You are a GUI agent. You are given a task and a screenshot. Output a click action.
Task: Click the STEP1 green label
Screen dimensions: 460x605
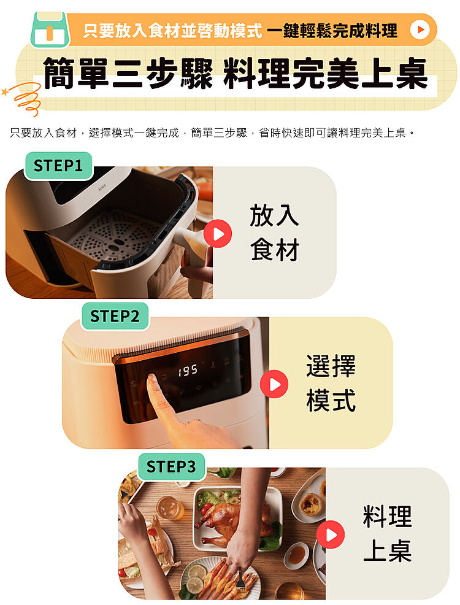pos(58,166)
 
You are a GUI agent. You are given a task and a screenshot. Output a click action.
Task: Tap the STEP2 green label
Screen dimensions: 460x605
pos(115,317)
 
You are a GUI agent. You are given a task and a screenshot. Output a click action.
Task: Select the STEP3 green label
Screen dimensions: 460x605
pos(171,467)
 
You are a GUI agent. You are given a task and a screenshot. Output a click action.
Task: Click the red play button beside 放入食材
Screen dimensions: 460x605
pos(218,233)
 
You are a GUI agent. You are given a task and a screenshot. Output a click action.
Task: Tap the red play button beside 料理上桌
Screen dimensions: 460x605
pos(331,534)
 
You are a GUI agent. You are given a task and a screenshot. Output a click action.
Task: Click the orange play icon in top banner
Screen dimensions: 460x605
pos(420,29)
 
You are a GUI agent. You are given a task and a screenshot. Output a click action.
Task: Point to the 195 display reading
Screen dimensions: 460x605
pos(188,371)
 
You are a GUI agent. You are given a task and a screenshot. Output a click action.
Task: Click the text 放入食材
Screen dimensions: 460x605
pos(274,233)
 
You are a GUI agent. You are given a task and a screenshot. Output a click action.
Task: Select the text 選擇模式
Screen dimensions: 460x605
pos(331,383)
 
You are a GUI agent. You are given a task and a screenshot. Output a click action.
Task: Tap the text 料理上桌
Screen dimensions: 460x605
pos(387,534)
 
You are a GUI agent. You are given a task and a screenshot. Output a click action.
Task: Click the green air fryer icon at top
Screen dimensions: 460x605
pos(50,29)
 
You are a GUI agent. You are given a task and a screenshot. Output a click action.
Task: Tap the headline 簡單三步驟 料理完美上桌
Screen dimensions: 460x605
pos(235,73)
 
